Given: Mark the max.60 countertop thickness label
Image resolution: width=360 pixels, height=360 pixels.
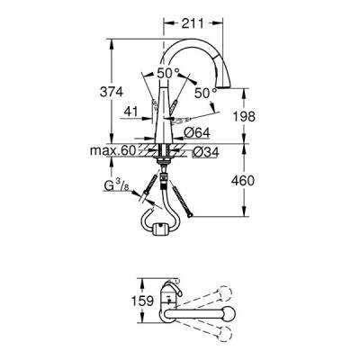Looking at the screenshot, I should (113, 152).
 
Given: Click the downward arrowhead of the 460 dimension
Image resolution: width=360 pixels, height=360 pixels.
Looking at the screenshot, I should (245, 213).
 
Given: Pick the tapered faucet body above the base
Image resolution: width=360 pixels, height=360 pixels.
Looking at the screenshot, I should (165, 112).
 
